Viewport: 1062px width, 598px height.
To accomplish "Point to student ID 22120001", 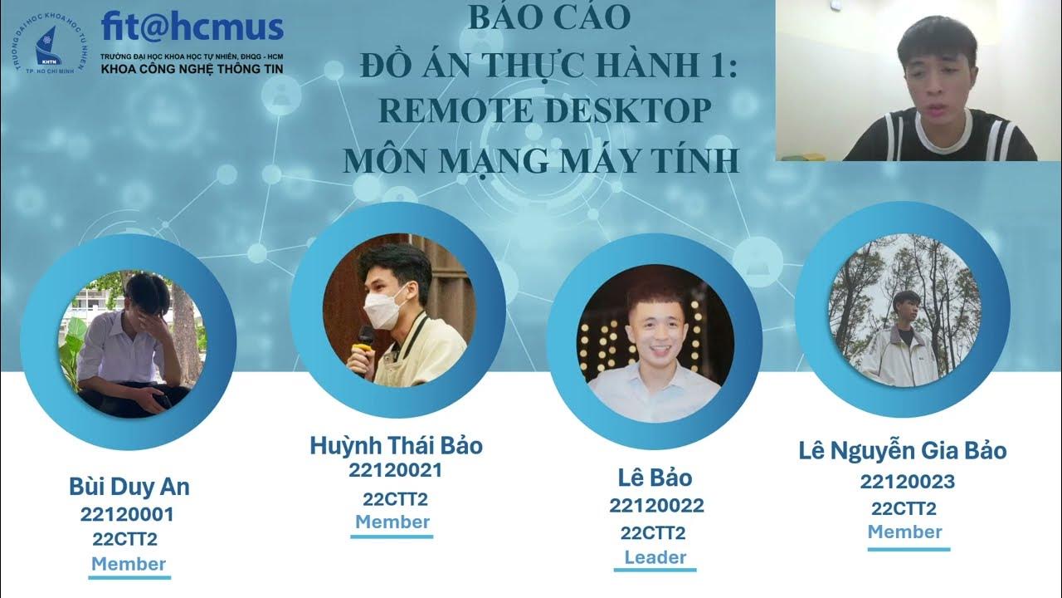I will coord(127,514).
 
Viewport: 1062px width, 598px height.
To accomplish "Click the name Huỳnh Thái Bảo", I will coord(396,446).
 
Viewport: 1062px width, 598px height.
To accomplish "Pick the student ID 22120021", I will coord(395,471).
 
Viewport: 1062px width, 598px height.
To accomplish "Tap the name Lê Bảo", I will coord(655,478).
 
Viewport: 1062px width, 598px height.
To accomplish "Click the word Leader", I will coord(655,557).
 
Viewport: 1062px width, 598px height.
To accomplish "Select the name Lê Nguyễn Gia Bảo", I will coord(903,451).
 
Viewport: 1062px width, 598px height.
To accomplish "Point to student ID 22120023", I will coord(907,482).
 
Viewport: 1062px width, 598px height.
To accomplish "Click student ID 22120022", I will coord(655,505).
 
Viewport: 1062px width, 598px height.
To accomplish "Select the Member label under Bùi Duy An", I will coord(129,564).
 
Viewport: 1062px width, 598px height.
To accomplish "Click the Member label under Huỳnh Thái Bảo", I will coord(392,522).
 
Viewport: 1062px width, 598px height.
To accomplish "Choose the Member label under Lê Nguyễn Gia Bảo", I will coord(905,532).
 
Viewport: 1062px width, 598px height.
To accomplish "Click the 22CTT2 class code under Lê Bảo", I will coord(653,532).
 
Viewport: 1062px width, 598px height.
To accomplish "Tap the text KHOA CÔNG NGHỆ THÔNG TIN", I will coord(192,68).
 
